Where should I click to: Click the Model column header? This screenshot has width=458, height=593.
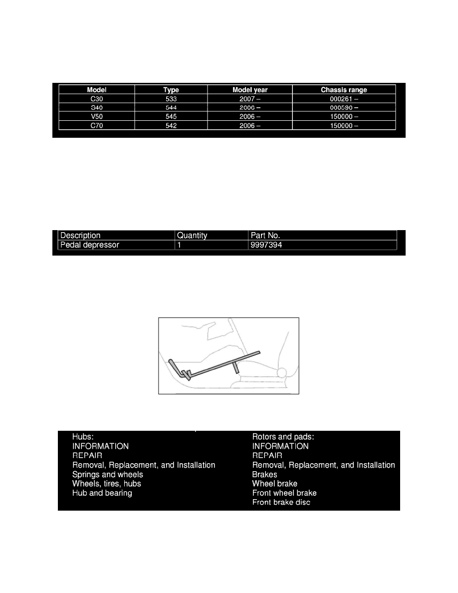pos(97,90)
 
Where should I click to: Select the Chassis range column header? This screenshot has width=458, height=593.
pos(344,90)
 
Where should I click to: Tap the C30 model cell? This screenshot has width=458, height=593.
pos(97,99)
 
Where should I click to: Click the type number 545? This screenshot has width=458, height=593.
pos(171,117)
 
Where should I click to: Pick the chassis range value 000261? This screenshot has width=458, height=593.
pos(344,99)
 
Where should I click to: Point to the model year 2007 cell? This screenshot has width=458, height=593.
pos(249,99)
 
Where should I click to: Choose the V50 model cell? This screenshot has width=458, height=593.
pos(97,117)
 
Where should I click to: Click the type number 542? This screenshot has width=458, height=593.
pos(171,126)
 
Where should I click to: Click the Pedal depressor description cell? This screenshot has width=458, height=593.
pos(90,245)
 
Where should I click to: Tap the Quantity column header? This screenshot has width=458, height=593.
pos(192,235)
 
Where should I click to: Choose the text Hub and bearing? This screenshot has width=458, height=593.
pos(102,493)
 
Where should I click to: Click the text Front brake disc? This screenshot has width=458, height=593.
pos(281,502)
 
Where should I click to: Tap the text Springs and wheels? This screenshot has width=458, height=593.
pos(108,474)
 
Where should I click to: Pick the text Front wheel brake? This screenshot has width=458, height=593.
pos(284,493)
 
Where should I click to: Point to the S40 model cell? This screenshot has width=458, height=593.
pos(97,108)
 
